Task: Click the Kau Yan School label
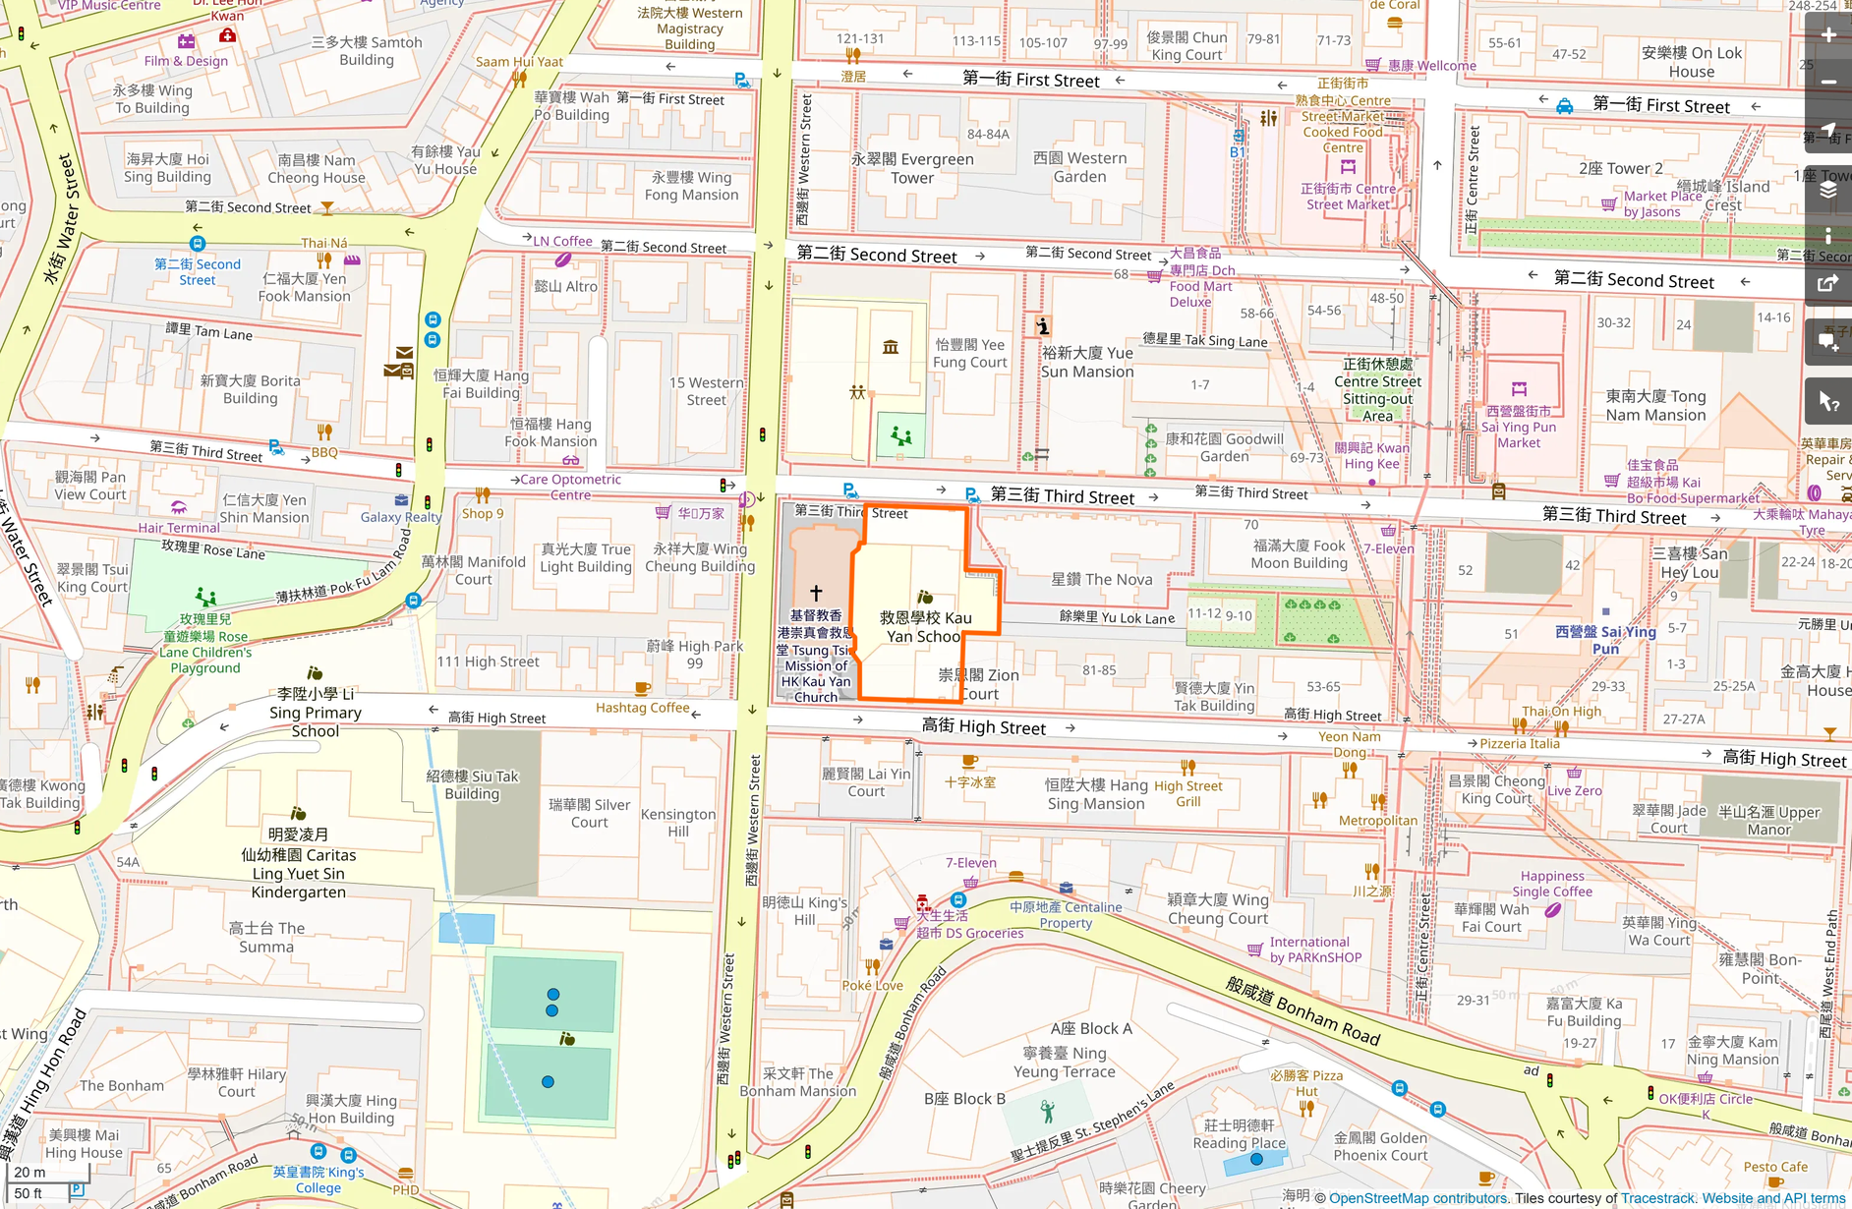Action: (924, 627)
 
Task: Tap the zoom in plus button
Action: (1828, 35)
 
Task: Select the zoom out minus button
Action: (1828, 82)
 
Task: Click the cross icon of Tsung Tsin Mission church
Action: (815, 593)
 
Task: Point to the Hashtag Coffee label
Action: (642, 708)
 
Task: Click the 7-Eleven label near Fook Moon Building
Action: (1388, 548)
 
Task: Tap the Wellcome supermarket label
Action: (1431, 66)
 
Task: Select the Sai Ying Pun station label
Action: (1605, 639)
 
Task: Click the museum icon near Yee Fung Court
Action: (891, 347)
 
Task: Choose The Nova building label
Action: (1101, 580)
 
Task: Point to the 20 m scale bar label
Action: (29, 1172)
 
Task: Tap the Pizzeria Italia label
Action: (1519, 744)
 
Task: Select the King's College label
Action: (318, 1180)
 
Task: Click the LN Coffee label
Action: (562, 241)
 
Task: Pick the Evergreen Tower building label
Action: (912, 168)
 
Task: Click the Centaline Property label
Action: (1066, 915)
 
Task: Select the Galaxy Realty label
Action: (400, 517)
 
